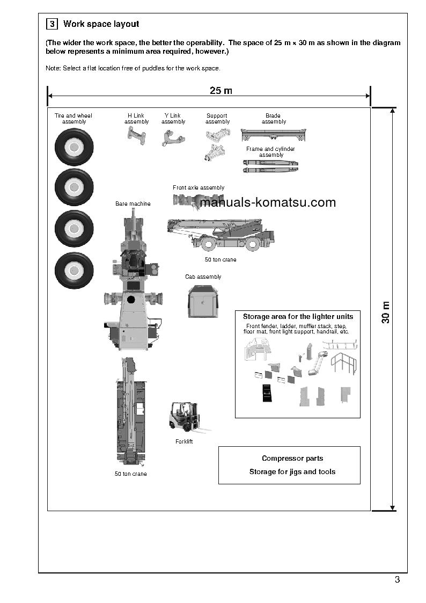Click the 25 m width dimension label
[x=221, y=91]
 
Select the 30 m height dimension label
[x=385, y=312]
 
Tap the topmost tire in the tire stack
[x=74, y=147]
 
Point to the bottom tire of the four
[x=74, y=270]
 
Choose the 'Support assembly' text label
[x=217, y=119]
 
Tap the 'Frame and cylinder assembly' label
[x=270, y=152]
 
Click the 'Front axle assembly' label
[x=199, y=188]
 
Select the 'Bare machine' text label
[x=133, y=204]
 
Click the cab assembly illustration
[x=203, y=302]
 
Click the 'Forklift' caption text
[x=184, y=441]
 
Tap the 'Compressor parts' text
[x=292, y=458]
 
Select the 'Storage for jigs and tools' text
[x=292, y=471]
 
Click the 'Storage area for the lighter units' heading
[x=298, y=317]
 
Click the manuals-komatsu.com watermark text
[x=267, y=202]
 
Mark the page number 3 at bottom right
[x=397, y=579]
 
